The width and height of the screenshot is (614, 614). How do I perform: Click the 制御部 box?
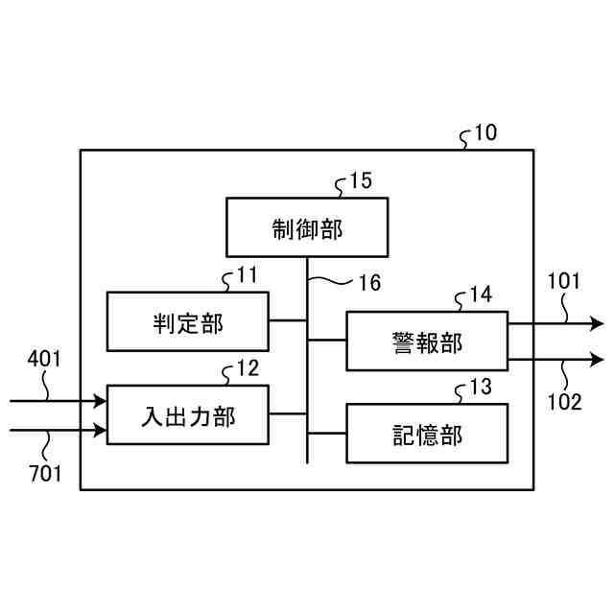click(x=307, y=227)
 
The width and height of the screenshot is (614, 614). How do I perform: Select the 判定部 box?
click(x=187, y=321)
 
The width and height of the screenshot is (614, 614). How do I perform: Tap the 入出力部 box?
click(x=187, y=414)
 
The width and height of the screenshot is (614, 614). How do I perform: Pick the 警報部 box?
click(x=426, y=341)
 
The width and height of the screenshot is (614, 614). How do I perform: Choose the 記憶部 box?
click(x=426, y=434)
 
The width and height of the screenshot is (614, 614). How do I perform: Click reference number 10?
click(x=485, y=132)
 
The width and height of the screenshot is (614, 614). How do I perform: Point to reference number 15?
click(x=361, y=180)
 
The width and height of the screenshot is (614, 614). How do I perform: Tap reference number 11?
click(x=247, y=275)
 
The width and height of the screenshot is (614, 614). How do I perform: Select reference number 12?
click(x=247, y=368)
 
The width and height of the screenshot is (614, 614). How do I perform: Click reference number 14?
click(x=482, y=295)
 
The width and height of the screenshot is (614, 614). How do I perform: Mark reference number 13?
click(x=481, y=388)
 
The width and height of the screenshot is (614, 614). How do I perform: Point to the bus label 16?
click(x=369, y=283)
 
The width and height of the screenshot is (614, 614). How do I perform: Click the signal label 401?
click(x=44, y=360)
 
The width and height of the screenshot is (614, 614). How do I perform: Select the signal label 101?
click(x=564, y=282)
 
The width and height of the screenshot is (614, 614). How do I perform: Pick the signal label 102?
click(x=564, y=402)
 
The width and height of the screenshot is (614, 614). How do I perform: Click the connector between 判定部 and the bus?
click(x=288, y=321)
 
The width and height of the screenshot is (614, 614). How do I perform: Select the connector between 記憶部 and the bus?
click(x=326, y=434)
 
